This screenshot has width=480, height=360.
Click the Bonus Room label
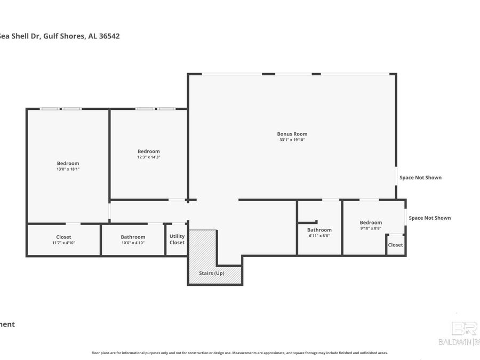coord(292,134)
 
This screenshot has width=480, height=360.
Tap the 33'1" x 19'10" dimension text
coord(292,140)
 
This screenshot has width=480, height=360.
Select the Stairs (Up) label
coord(212,273)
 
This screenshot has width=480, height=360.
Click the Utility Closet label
coord(177,239)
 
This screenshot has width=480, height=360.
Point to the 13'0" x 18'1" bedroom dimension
coord(68,169)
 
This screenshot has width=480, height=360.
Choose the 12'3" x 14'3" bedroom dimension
coord(148,157)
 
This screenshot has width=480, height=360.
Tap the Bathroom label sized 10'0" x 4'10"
coord(133,237)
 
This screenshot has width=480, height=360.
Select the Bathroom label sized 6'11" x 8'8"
coord(319,230)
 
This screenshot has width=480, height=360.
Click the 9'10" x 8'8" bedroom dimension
coord(371,228)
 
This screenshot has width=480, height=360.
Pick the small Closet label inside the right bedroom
coord(395,245)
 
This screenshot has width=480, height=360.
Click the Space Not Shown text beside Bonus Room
coord(420,178)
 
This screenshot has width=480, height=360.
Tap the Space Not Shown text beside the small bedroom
coord(429,218)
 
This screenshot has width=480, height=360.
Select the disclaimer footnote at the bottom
coord(239,353)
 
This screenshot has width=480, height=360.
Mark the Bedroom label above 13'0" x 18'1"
coord(68,163)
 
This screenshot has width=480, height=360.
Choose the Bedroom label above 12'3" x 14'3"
coord(148,151)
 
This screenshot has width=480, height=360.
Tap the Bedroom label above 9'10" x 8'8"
coord(371,222)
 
